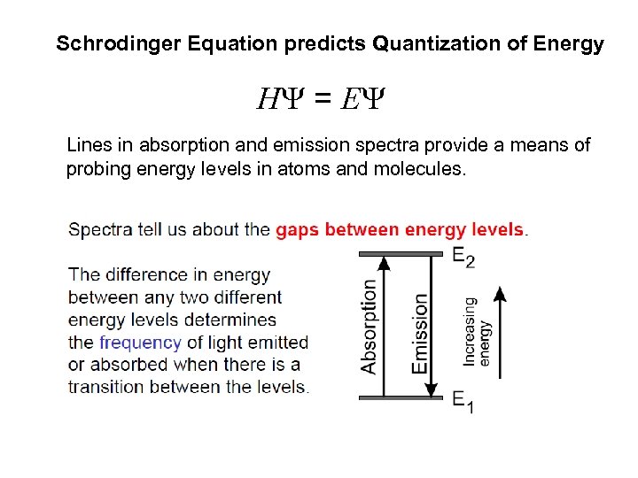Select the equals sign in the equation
tap(323, 100)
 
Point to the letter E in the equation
tap(350, 100)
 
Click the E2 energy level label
tap(463, 258)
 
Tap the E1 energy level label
tap(463, 401)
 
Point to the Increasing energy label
tap(477, 331)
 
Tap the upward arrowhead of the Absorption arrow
tap(384, 262)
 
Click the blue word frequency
tap(140, 343)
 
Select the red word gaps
tap(298, 230)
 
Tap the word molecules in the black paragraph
tap(419, 168)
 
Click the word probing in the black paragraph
tap(98, 168)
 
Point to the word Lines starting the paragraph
tap(88, 145)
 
